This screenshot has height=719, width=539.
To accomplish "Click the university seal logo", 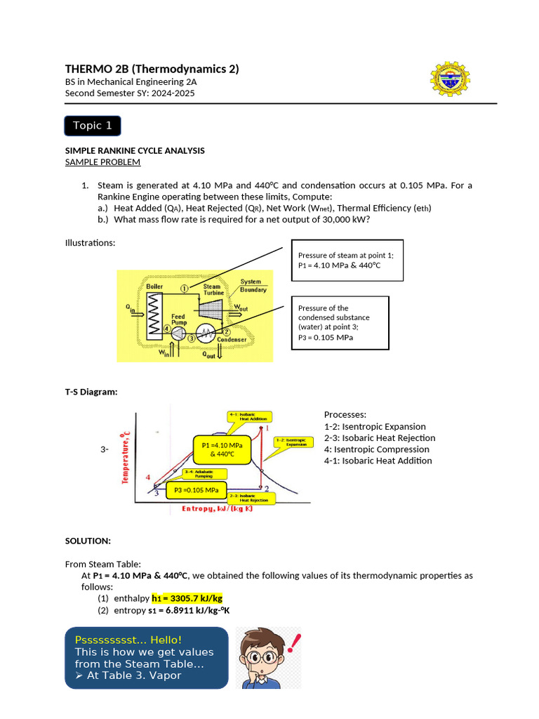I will click(x=450, y=79).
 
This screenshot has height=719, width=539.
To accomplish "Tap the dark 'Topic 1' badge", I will click(x=93, y=126).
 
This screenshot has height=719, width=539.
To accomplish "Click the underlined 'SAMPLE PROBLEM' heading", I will click(x=102, y=162).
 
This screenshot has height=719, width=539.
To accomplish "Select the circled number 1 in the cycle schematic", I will click(x=184, y=288).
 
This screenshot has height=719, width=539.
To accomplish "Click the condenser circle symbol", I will click(x=207, y=334).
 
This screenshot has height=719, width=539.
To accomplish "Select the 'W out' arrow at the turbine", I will click(x=240, y=308).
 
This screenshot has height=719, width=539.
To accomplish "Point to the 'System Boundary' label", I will click(x=253, y=286).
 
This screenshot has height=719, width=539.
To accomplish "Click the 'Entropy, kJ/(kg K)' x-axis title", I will click(x=217, y=508).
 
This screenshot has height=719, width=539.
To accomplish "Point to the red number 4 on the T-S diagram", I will click(x=148, y=477).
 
